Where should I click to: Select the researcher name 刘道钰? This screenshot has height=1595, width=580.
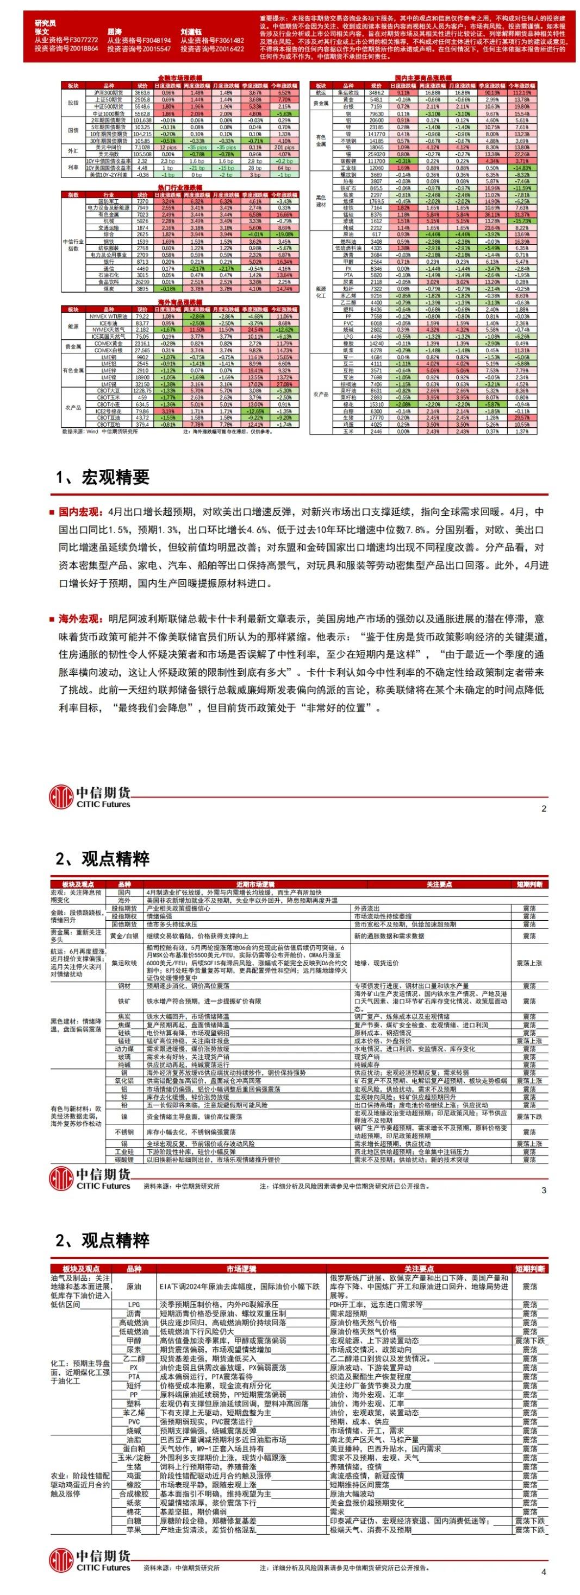click(x=191, y=31)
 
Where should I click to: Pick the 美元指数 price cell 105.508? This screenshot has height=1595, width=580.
click(x=142, y=154)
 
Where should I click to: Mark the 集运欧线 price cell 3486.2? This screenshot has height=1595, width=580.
click(x=376, y=92)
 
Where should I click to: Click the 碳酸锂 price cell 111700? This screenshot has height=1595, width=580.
click(x=376, y=161)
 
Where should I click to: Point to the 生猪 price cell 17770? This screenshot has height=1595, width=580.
click(x=376, y=417)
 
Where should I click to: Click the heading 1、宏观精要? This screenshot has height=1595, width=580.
click(x=102, y=477)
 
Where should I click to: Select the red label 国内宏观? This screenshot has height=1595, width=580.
click(x=79, y=512)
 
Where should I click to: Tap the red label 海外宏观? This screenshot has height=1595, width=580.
click(x=79, y=618)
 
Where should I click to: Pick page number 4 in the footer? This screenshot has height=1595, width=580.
click(x=544, y=1572)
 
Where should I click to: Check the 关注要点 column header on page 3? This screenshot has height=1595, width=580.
click(x=439, y=885)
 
